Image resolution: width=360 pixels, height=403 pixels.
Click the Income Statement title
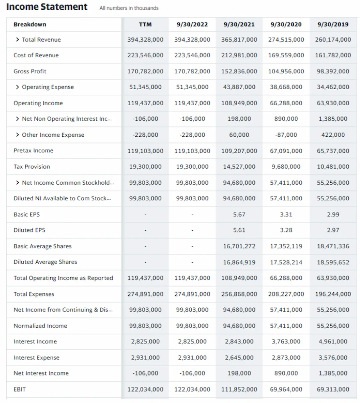point(47,7)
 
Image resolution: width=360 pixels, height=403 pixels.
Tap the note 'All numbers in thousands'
point(129,8)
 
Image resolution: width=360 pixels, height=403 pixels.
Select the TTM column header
point(145,25)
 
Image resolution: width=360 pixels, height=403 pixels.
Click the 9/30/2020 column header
point(286,25)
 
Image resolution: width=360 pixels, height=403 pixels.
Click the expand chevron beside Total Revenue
point(17,40)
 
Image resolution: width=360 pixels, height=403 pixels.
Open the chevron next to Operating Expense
point(17,87)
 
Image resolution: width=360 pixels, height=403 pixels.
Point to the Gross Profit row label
point(30,71)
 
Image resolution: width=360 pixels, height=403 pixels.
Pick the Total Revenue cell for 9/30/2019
point(333,40)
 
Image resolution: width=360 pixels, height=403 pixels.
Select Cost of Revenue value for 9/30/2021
point(239,55)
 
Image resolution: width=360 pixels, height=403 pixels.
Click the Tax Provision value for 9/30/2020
point(286,167)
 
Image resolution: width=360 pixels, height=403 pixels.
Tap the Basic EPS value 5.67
point(239,215)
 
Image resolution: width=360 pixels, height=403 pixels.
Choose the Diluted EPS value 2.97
point(333,230)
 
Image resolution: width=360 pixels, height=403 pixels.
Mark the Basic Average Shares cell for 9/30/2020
point(286,246)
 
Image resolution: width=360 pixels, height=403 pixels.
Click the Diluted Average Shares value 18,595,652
point(333,262)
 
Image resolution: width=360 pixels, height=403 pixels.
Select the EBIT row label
point(19,390)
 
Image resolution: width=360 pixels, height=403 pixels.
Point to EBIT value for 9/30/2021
point(239,390)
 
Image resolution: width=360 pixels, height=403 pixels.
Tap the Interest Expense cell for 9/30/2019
point(333,358)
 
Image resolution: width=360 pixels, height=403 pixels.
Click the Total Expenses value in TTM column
point(145,294)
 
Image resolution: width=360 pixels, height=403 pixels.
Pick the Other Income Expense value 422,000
point(333,135)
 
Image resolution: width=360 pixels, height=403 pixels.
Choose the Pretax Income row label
point(33,151)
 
